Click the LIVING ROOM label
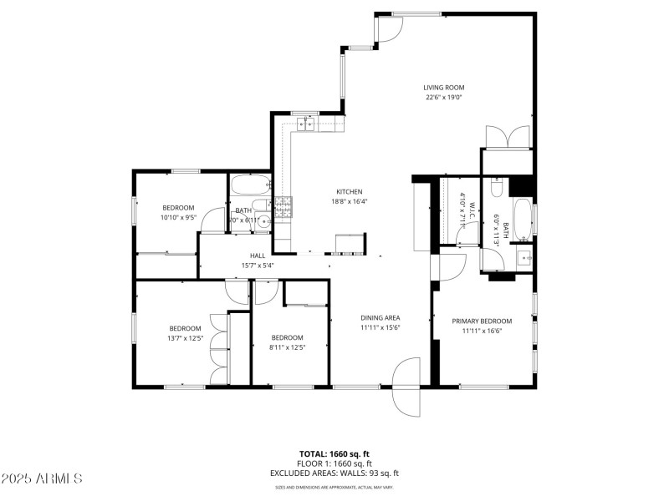(443, 88)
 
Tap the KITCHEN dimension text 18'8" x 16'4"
(350, 201)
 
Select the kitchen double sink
(306, 124)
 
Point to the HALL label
(257, 256)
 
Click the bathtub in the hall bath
(250, 185)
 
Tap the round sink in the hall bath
(263, 222)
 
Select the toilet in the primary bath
(497, 188)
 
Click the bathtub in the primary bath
(523, 218)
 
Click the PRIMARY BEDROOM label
(482, 321)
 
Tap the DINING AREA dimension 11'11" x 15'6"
(380, 328)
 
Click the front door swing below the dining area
(406, 387)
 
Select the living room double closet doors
(507, 136)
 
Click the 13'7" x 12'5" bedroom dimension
(185, 338)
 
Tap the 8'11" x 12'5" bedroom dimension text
(287, 347)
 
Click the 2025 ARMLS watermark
(42, 478)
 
